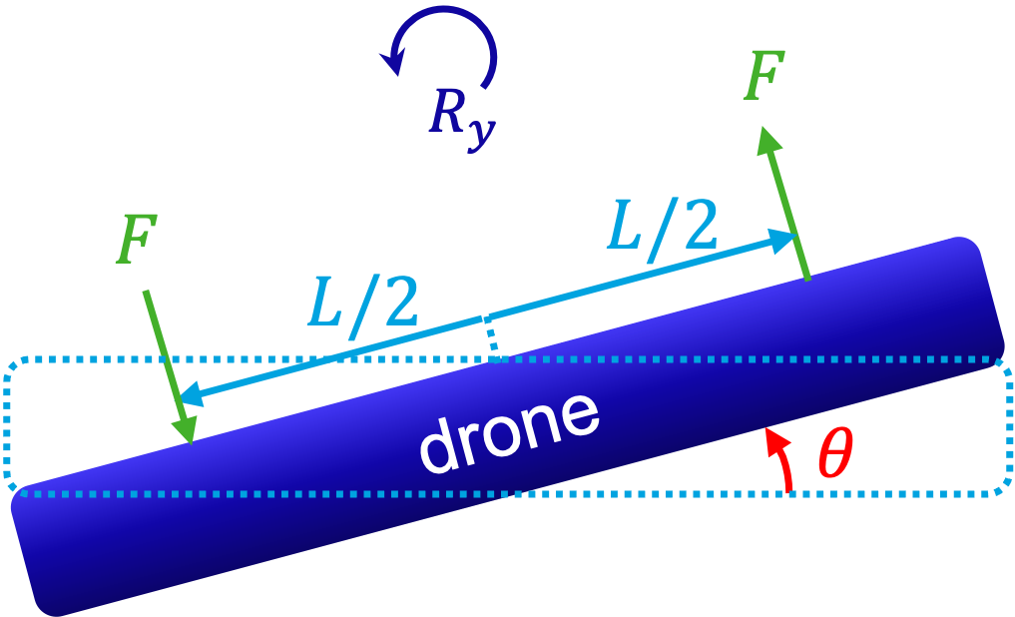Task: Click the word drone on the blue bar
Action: (508, 430)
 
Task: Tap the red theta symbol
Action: (834, 455)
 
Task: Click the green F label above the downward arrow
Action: (136, 241)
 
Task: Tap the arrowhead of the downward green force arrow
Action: (186, 428)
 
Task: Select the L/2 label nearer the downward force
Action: (361, 303)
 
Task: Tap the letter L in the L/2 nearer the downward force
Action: (325, 304)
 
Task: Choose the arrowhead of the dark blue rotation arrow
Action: (392, 62)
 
